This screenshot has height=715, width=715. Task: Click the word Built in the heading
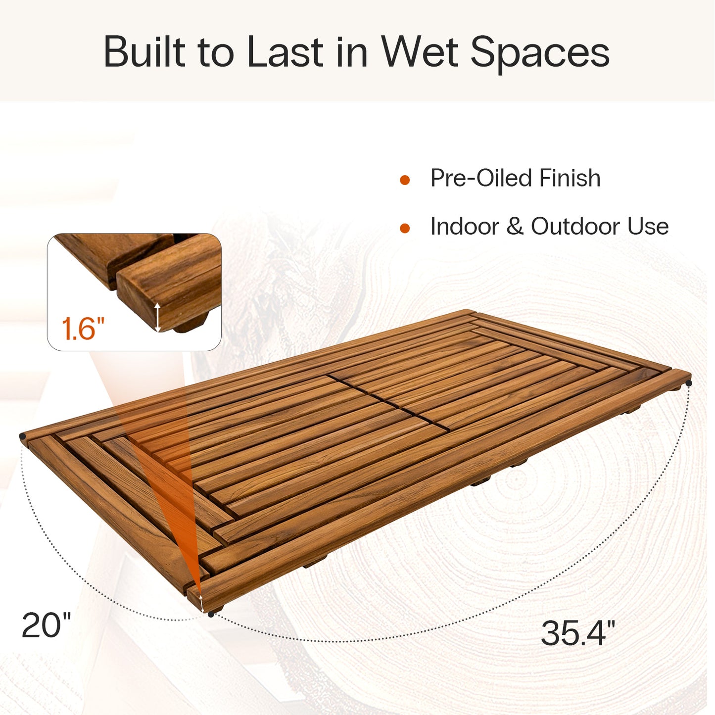pyautogui.click(x=143, y=52)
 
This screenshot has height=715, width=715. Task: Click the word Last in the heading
pyautogui.click(x=285, y=52)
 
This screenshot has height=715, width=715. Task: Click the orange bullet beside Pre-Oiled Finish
pyautogui.click(x=405, y=180)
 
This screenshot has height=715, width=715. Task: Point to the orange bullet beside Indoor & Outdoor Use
pyautogui.click(x=405, y=228)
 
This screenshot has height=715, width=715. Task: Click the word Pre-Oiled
pyautogui.click(x=480, y=178)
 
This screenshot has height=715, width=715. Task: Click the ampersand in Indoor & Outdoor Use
pyautogui.click(x=515, y=227)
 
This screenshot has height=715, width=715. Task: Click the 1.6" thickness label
pyautogui.click(x=83, y=329)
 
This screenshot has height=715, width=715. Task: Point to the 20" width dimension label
pyautogui.click(x=46, y=625)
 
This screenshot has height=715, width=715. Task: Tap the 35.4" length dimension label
pyautogui.click(x=577, y=633)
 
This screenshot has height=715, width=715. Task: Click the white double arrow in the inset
pyautogui.click(x=157, y=317)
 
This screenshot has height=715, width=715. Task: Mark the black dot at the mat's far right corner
pyautogui.click(x=688, y=383)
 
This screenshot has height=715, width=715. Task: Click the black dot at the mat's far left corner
pyautogui.click(x=22, y=436)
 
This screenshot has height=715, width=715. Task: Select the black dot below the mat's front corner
pyautogui.click(x=211, y=614)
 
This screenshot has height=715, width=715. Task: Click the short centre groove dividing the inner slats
pyautogui.click(x=388, y=402)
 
